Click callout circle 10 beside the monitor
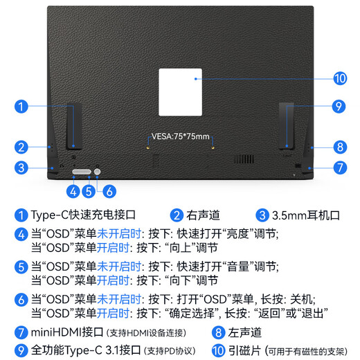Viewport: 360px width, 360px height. [339, 78]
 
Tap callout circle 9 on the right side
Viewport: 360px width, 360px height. [338, 106]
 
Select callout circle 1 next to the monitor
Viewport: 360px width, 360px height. [22, 106]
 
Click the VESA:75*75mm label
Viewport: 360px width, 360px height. [180, 136]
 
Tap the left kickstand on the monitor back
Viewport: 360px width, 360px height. [74, 125]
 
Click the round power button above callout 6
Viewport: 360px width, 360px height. [98, 170]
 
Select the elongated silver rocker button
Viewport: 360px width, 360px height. [81, 170]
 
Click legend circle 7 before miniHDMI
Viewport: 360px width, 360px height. [21, 333]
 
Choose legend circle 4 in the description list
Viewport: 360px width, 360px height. [21, 234]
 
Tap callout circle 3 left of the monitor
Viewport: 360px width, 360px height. [22, 167]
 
